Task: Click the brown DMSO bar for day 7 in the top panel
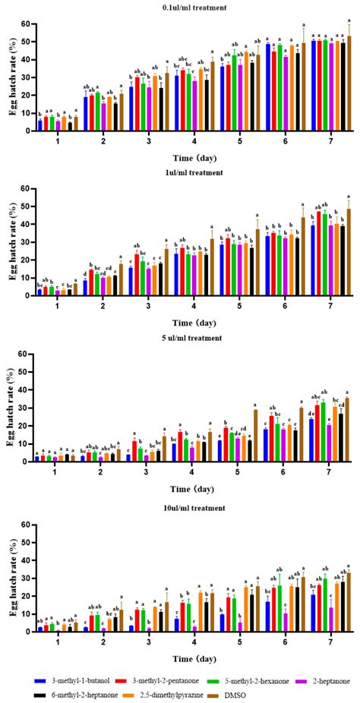click(349, 83)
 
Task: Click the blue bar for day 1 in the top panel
click(39, 125)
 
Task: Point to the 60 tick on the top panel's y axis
click(27, 24)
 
